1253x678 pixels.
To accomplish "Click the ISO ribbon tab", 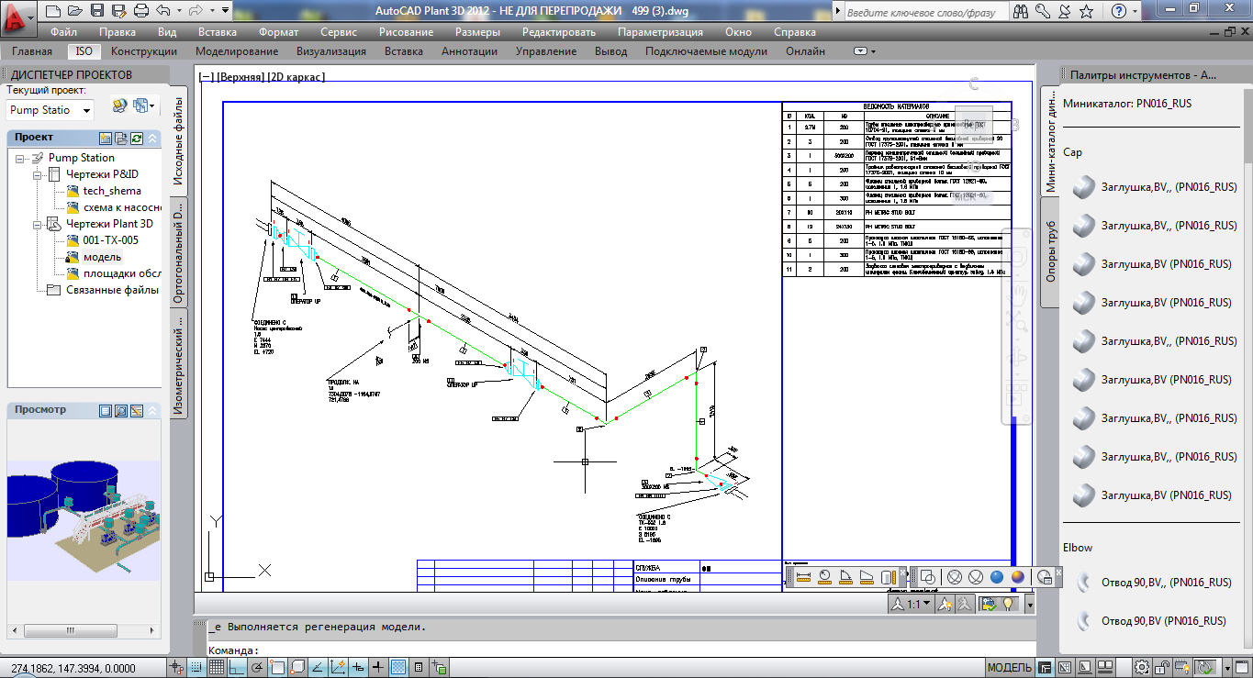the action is (84, 51).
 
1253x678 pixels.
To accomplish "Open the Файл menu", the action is (63, 32).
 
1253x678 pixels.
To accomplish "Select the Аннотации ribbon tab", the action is (469, 51).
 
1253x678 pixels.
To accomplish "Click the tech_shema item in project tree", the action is (112, 191).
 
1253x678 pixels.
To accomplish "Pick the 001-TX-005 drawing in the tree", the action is (110, 240).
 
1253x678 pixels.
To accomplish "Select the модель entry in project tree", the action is (102, 257).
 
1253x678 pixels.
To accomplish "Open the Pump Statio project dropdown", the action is (50, 110).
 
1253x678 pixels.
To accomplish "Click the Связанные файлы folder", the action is (112, 290).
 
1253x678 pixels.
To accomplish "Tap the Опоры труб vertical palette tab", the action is (1051, 250).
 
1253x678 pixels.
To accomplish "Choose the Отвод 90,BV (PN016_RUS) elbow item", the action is (1163, 621).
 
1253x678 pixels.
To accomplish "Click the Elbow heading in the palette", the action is (1078, 548).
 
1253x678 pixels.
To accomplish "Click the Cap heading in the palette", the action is (1072, 152).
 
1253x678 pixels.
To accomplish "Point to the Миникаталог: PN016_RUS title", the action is (1127, 104).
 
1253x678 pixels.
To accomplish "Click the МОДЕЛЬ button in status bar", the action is (1009, 667).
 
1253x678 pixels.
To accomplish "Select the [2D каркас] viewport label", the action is (296, 77).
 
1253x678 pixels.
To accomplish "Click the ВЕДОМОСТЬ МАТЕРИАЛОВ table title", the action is (896, 106).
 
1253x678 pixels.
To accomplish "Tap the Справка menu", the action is (795, 32).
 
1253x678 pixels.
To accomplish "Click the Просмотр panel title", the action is (40, 409).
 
